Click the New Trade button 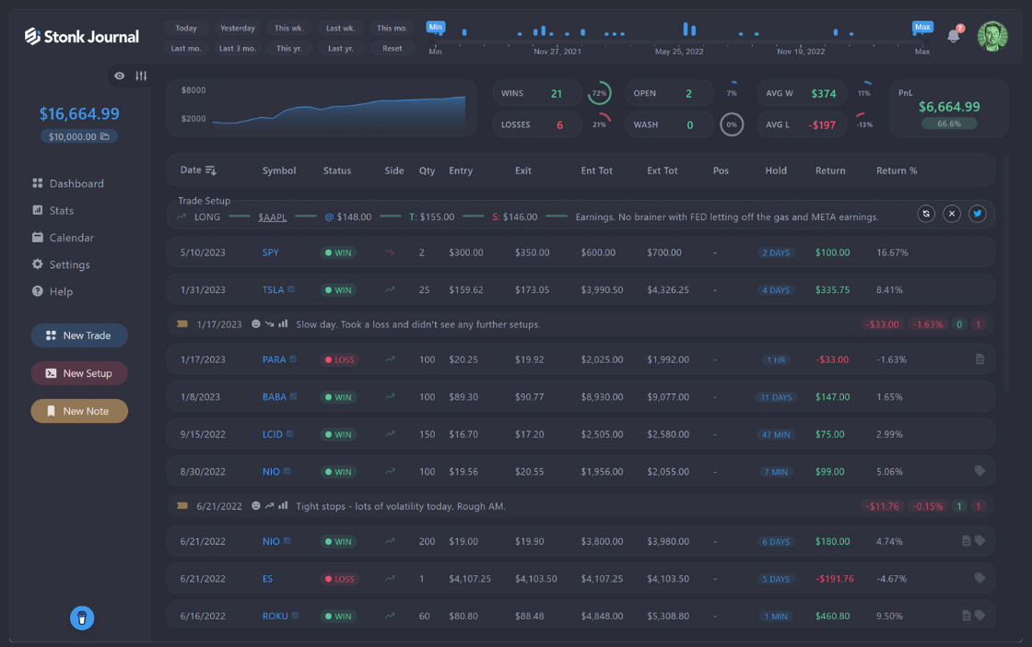click(79, 335)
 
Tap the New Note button click(79, 411)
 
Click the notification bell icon click(953, 36)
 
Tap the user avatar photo click(992, 36)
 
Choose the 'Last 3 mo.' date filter click(237, 49)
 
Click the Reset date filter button click(393, 49)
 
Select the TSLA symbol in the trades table click(273, 289)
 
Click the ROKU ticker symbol click(276, 616)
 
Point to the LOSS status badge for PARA click(340, 360)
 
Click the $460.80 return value click(833, 616)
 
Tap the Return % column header click(897, 171)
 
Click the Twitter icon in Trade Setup click(978, 214)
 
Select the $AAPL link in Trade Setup click(273, 218)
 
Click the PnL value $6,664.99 click(949, 107)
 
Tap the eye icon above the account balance click(119, 76)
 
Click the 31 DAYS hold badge click(776, 397)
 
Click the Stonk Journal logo click(82, 36)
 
